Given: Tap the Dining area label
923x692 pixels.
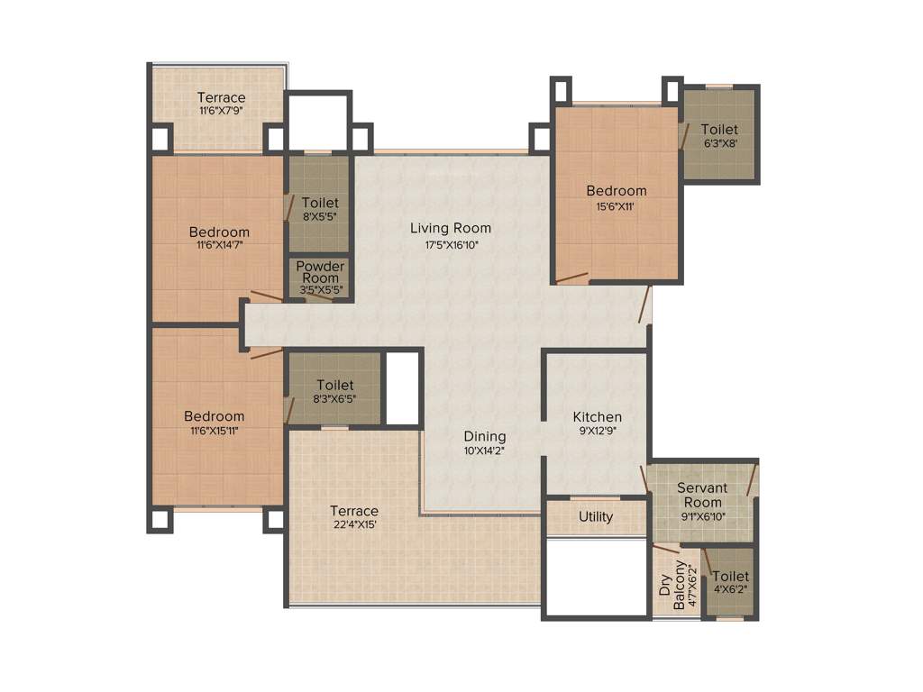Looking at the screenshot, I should pyautogui.click(x=485, y=437).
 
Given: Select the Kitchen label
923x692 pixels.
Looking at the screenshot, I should pyautogui.click(x=598, y=417).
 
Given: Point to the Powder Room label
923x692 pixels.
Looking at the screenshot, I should pyautogui.click(x=320, y=272).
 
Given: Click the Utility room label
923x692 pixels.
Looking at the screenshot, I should pyautogui.click(x=596, y=517).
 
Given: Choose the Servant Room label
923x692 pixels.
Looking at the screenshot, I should pyautogui.click(x=702, y=495).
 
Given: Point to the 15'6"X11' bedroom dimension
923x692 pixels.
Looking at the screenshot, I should pyautogui.click(x=617, y=206).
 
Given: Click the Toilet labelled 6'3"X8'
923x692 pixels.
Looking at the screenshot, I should pyautogui.click(x=718, y=130).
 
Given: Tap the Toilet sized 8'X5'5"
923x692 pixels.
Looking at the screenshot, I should pyautogui.click(x=320, y=203).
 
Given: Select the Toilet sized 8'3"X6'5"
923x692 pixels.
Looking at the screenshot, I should pyautogui.click(x=334, y=385).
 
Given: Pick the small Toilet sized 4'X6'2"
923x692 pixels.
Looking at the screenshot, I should pyautogui.click(x=730, y=577).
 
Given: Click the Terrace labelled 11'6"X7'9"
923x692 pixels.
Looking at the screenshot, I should pyautogui.click(x=222, y=97).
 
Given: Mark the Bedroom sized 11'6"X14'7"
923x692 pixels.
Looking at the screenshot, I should pyautogui.click(x=219, y=232).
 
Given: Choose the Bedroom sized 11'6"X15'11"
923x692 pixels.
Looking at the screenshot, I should pyautogui.click(x=215, y=416).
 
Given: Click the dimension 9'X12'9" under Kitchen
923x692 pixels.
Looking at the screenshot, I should pyautogui.click(x=598, y=432).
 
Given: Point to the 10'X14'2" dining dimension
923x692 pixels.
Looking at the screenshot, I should pyautogui.click(x=485, y=451).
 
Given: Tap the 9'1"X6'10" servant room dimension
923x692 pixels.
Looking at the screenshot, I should pyautogui.click(x=702, y=516).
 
